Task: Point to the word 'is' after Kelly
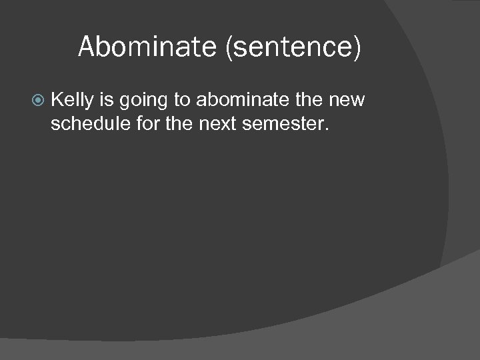(x=106, y=101)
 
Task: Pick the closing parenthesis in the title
(x=358, y=48)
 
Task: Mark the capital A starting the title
(x=86, y=47)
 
